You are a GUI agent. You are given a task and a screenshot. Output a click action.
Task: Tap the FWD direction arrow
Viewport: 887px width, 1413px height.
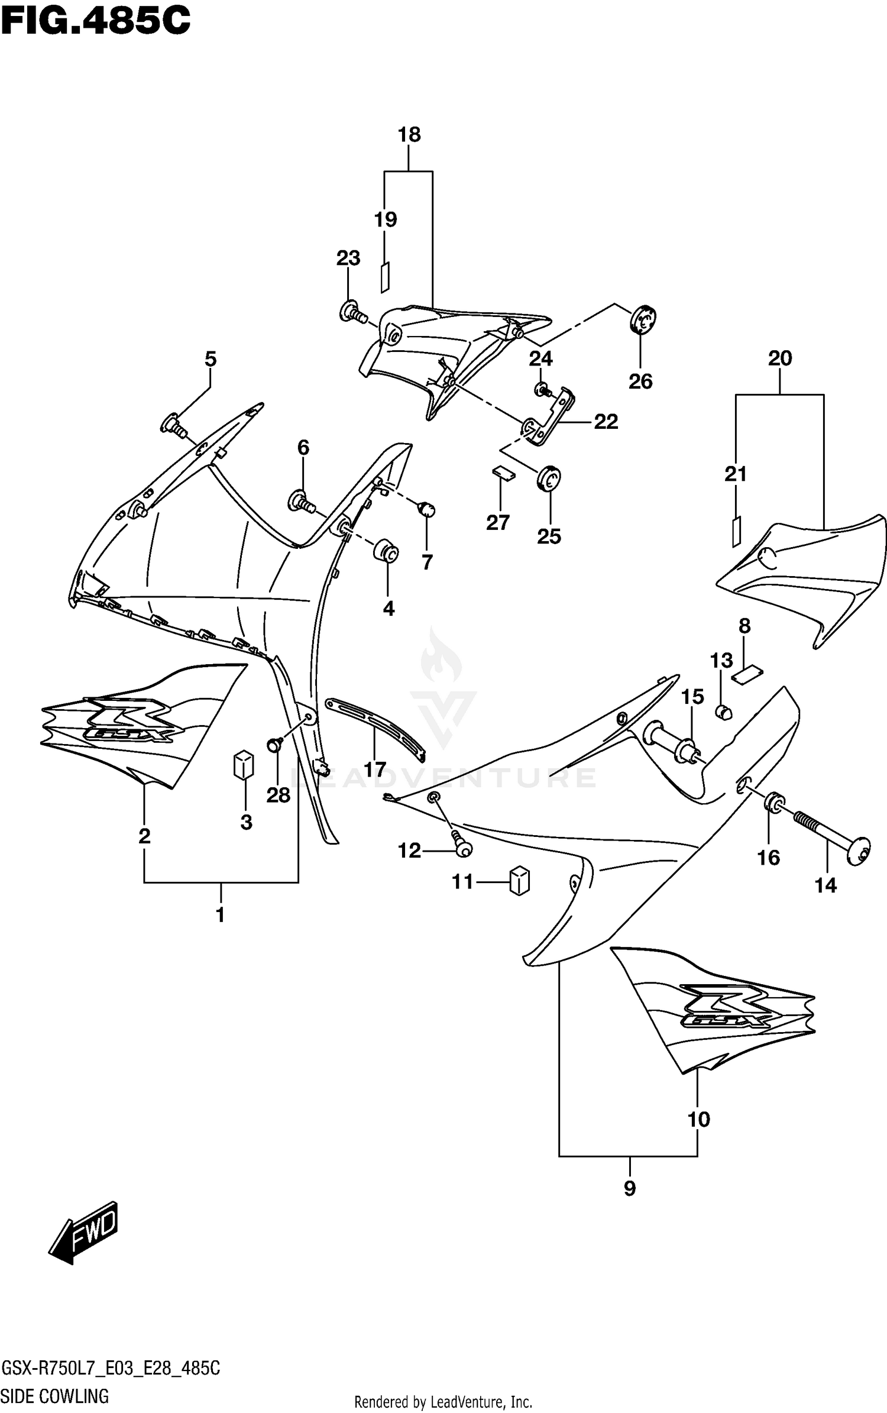coord(84,1233)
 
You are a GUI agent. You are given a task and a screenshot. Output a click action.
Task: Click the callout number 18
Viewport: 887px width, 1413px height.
coord(409,135)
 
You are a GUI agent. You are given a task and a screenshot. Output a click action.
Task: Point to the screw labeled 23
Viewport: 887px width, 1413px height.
coord(352,312)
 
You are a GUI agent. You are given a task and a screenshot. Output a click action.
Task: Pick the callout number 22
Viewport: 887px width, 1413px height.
coord(606,422)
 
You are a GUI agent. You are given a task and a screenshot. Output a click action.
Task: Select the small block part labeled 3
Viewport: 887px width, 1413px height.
coord(243,766)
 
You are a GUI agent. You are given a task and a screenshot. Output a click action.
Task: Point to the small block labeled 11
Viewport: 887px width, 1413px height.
coord(519,881)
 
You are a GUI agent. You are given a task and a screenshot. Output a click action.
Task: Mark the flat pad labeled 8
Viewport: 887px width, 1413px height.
coord(747,674)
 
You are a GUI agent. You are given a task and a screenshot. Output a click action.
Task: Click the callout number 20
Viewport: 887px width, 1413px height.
coord(779,358)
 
